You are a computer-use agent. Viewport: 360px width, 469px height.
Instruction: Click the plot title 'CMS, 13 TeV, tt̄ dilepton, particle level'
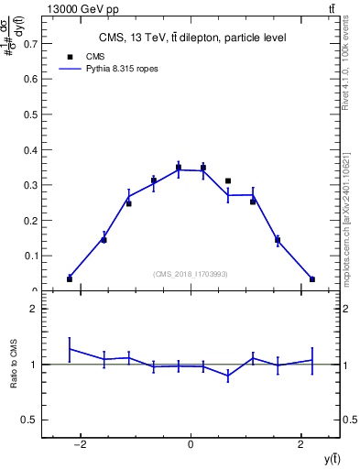191,38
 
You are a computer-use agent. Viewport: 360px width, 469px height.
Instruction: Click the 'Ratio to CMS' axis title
14,364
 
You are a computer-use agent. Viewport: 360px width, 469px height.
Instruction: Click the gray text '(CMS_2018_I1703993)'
191,274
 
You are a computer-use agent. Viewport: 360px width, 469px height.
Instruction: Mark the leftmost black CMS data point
70,278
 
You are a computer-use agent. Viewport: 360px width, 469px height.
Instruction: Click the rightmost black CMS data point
312,279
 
